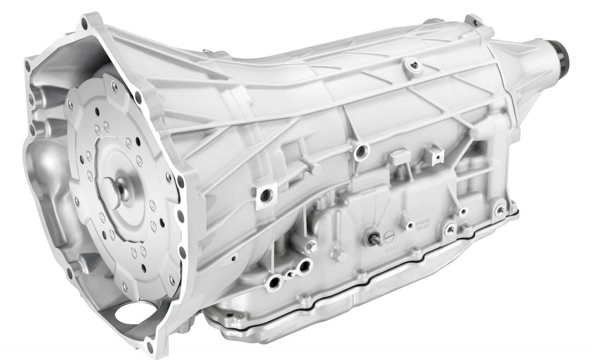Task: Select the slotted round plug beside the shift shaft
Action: click(388, 236)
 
